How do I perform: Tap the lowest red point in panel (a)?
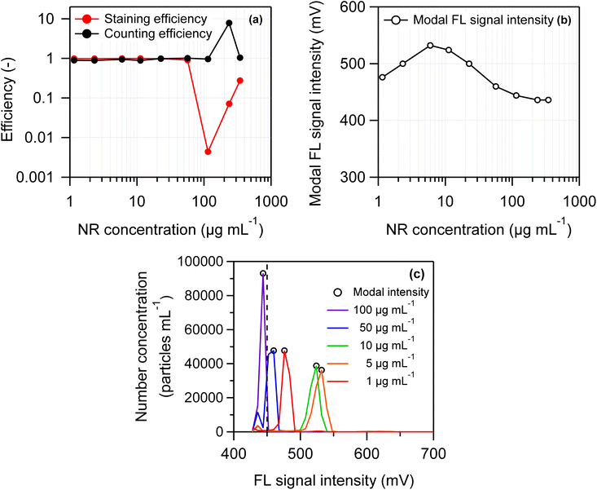click(x=208, y=152)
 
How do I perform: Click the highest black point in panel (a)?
click(x=230, y=24)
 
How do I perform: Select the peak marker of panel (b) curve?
click(x=430, y=46)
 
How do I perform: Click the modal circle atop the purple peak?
click(x=263, y=274)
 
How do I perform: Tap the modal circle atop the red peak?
click(x=284, y=351)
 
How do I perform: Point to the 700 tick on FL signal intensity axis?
click(x=432, y=448)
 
